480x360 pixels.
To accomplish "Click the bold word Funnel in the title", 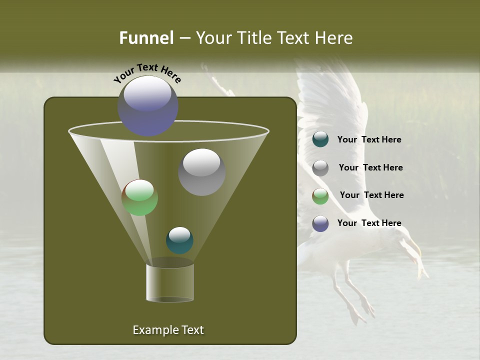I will [x=146, y=38].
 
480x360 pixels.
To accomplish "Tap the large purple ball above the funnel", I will [x=148, y=105].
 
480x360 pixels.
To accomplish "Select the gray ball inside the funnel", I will [x=201, y=172].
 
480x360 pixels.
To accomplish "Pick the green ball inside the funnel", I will [x=140, y=197].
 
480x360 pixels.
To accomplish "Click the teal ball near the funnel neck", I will [x=179, y=240].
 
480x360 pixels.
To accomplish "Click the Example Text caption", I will [x=168, y=330].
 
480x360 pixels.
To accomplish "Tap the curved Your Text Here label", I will [x=147, y=73].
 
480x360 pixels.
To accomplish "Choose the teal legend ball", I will [x=320, y=139].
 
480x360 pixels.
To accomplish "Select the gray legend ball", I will [x=320, y=167].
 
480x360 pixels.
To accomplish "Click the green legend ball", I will [x=320, y=195].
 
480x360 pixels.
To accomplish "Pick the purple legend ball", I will [x=320, y=223].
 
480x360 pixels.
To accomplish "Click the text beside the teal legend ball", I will [x=369, y=140].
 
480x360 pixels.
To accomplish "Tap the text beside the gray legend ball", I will [x=370, y=167].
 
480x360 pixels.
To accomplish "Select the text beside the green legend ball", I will [x=371, y=195].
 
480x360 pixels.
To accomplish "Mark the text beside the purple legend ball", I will [x=369, y=223].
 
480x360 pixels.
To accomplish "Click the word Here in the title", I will [x=334, y=38].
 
